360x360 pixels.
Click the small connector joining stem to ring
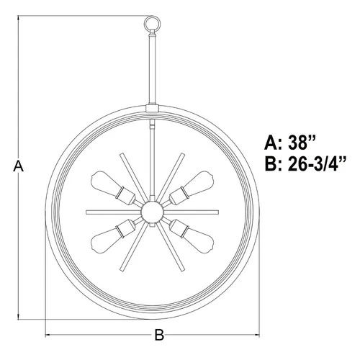[153, 109]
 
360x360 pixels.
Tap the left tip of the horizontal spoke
[87, 211]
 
